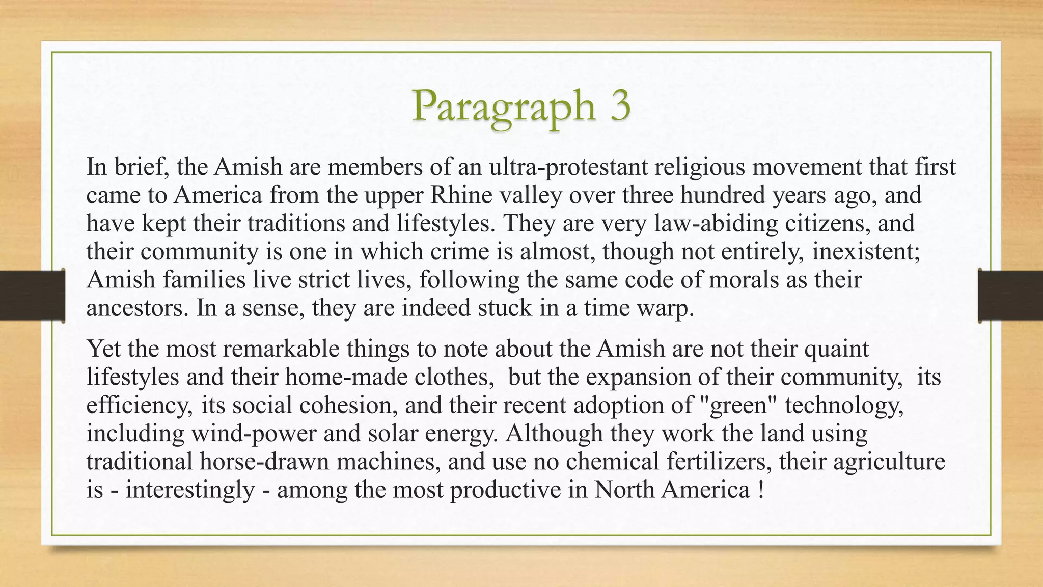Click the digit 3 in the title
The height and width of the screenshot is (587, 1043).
[614, 106]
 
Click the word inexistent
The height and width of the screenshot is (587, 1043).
[866, 252]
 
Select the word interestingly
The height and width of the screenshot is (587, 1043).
[190, 490]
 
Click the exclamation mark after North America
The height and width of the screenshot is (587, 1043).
[760, 490]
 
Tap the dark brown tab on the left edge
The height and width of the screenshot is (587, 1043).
[32, 296]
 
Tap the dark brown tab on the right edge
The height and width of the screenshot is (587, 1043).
[1011, 296]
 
